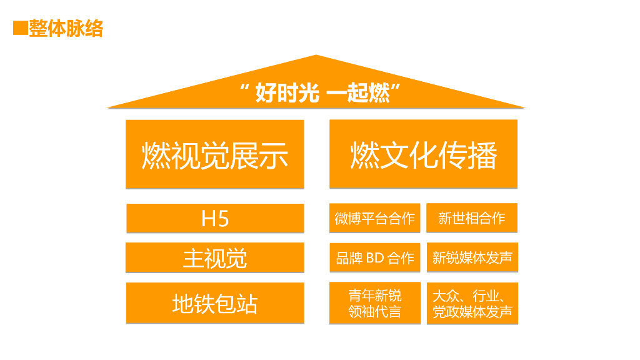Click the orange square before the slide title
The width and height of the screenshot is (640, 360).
click(x=20, y=29)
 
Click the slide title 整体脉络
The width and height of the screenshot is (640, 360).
click(x=66, y=29)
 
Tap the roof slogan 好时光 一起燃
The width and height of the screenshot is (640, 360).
click(x=320, y=94)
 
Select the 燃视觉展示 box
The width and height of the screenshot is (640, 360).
click(x=215, y=154)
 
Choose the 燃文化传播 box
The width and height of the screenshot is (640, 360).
click(x=423, y=154)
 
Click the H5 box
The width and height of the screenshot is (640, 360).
click(x=215, y=218)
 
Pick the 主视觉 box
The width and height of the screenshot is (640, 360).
click(x=215, y=257)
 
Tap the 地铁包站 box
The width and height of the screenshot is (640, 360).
click(x=215, y=303)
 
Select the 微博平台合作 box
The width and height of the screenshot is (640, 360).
click(x=374, y=218)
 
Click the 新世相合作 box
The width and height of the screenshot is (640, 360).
click(x=472, y=218)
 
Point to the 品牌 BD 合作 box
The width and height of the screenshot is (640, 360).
click(x=374, y=257)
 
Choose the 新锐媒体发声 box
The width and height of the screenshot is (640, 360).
click(x=472, y=257)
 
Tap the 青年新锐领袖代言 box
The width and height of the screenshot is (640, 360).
click(x=374, y=303)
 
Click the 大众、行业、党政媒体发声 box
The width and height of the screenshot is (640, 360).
click(x=472, y=303)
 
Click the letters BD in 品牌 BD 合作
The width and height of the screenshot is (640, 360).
click(x=374, y=257)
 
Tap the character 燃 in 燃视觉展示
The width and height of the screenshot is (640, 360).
click(x=156, y=155)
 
